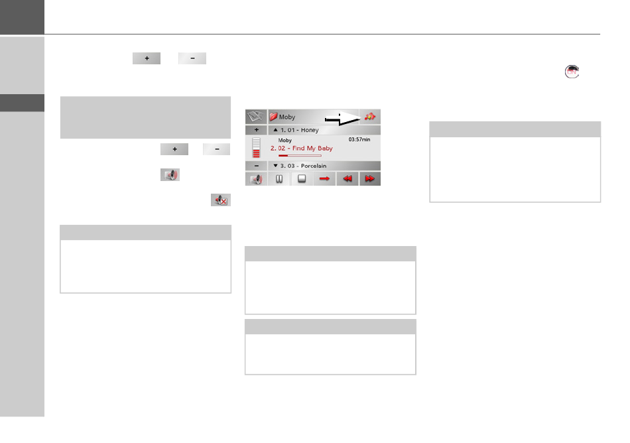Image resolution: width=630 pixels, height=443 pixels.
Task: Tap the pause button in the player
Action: pos(279,179)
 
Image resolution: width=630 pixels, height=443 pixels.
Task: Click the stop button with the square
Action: pos(302,179)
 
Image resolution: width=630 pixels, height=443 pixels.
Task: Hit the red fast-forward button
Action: pos(370,179)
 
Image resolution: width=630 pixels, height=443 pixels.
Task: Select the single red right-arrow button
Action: pos(325,179)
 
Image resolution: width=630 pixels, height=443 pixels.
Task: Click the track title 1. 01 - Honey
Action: pos(299,130)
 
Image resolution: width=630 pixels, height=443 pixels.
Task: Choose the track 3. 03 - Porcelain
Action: pos(303,166)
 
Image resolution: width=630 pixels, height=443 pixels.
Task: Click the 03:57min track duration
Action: pos(359,141)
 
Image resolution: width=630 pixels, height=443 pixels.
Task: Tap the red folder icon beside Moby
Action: pos(273,117)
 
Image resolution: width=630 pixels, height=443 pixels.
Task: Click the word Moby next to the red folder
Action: pos(287,117)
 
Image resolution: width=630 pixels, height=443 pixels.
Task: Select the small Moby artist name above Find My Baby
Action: pos(285,141)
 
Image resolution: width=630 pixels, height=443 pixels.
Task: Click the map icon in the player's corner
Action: pos(256,117)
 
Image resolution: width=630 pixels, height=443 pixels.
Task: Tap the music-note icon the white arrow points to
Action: pos(370,117)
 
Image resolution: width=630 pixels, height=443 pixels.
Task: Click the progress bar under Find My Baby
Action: pos(300,156)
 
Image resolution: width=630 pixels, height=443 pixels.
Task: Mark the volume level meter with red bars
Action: pos(256,148)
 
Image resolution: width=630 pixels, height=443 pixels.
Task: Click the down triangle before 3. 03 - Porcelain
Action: pos(275,166)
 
